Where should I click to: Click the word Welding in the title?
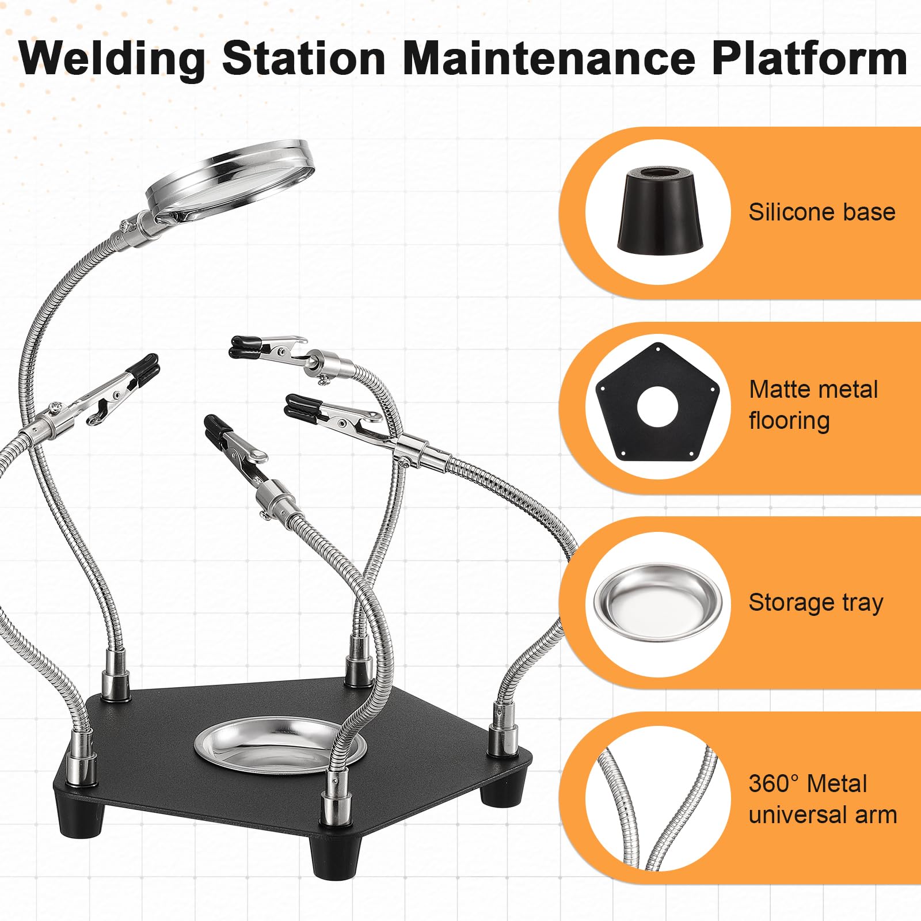[x=112, y=58]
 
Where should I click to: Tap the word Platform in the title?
[x=809, y=58]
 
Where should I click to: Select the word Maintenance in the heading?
[x=549, y=58]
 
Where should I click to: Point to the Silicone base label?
[x=822, y=212]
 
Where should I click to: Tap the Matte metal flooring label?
[x=813, y=405]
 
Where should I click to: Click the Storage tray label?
[x=816, y=603]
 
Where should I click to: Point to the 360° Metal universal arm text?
[x=823, y=799]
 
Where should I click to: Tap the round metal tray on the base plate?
[x=280, y=747]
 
